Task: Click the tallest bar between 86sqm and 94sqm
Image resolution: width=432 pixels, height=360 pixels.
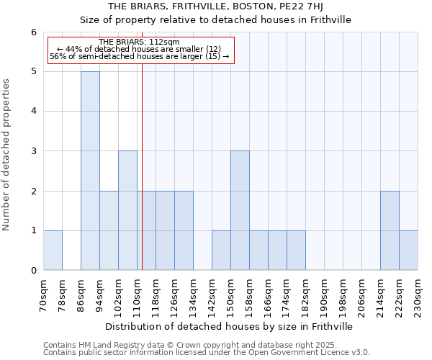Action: click(x=90, y=171)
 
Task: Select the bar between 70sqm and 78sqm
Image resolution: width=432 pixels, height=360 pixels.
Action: click(x=53, y=250)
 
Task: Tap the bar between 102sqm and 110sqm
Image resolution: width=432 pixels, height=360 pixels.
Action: click(x=127, y=210)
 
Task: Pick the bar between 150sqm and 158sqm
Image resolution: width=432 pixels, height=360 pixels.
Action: click(x=240, y=210)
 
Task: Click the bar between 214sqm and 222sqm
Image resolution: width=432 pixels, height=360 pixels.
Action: click(x=390, y=230)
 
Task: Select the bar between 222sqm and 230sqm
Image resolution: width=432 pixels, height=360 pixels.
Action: click(x=408, y=250)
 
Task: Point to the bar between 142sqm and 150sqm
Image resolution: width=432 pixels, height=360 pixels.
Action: click(x=221, y=250)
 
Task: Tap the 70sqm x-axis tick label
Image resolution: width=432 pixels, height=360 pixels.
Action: click(x=44, y=296)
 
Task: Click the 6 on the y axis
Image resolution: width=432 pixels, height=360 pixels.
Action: click(x=33, y=32)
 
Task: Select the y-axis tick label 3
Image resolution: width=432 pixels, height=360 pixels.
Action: click(x=33, y=151)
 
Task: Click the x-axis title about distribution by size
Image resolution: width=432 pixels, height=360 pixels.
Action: click(x=230, y=326)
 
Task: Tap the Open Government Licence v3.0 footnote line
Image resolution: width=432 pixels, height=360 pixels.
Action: click(x=206, y=353)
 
